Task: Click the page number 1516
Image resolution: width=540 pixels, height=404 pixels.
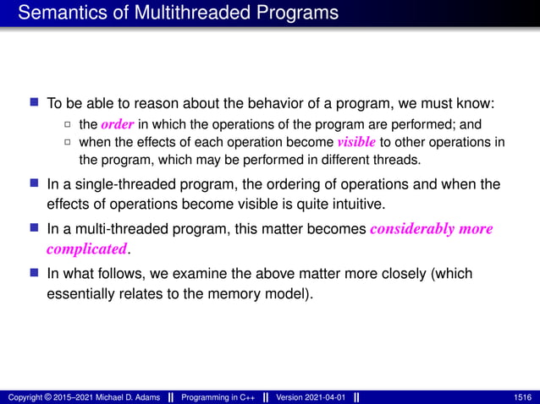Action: (523, 397)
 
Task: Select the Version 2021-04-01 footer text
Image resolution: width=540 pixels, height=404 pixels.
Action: (308, 397)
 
